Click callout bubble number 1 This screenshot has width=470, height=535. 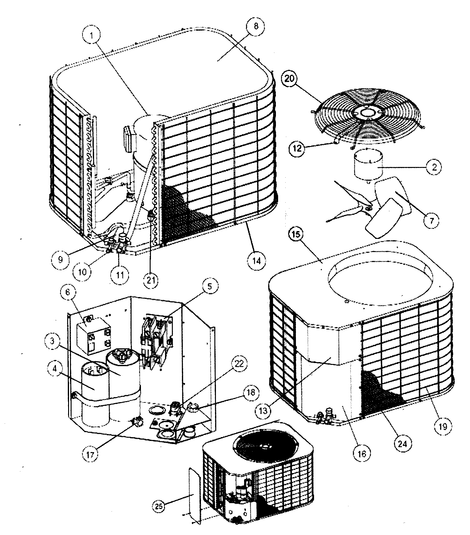coord(92,35)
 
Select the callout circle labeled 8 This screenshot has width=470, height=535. coord(256,26)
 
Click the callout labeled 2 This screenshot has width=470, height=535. coord(434,167)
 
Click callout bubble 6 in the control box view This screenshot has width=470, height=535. coord(69,292)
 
